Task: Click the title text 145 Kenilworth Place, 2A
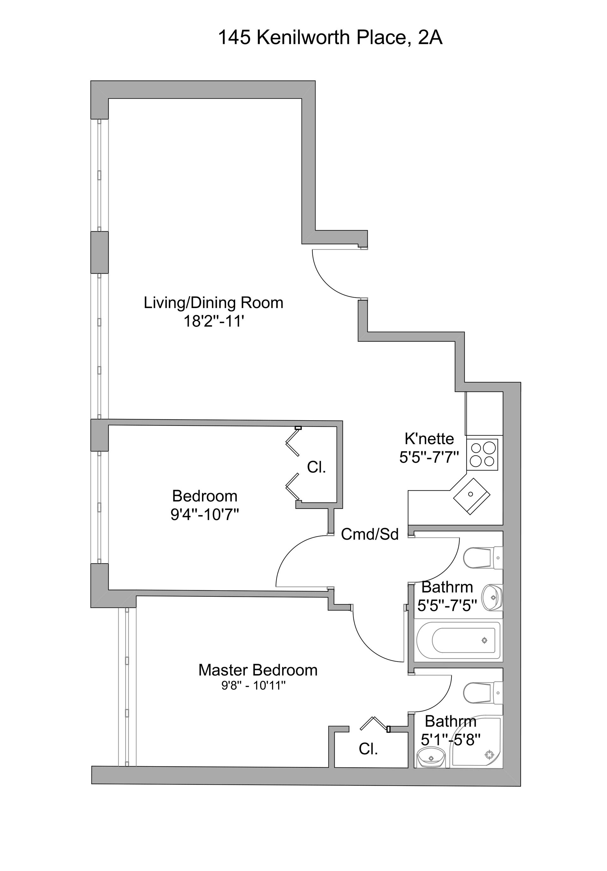click(330, 38)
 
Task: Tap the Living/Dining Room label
click(213, 303)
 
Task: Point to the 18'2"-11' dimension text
click(213, 321)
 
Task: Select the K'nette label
click(429, 439)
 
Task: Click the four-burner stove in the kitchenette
click(482, 455)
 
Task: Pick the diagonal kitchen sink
click(471, 495)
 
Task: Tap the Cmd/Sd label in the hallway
click(369, 534)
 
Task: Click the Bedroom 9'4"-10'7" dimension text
click(205, 515)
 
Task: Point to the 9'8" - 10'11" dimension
click(254, 686)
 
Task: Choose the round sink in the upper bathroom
click(492, 597)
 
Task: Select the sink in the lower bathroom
click(431, 757)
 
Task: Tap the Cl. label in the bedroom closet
click(316, 467)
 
